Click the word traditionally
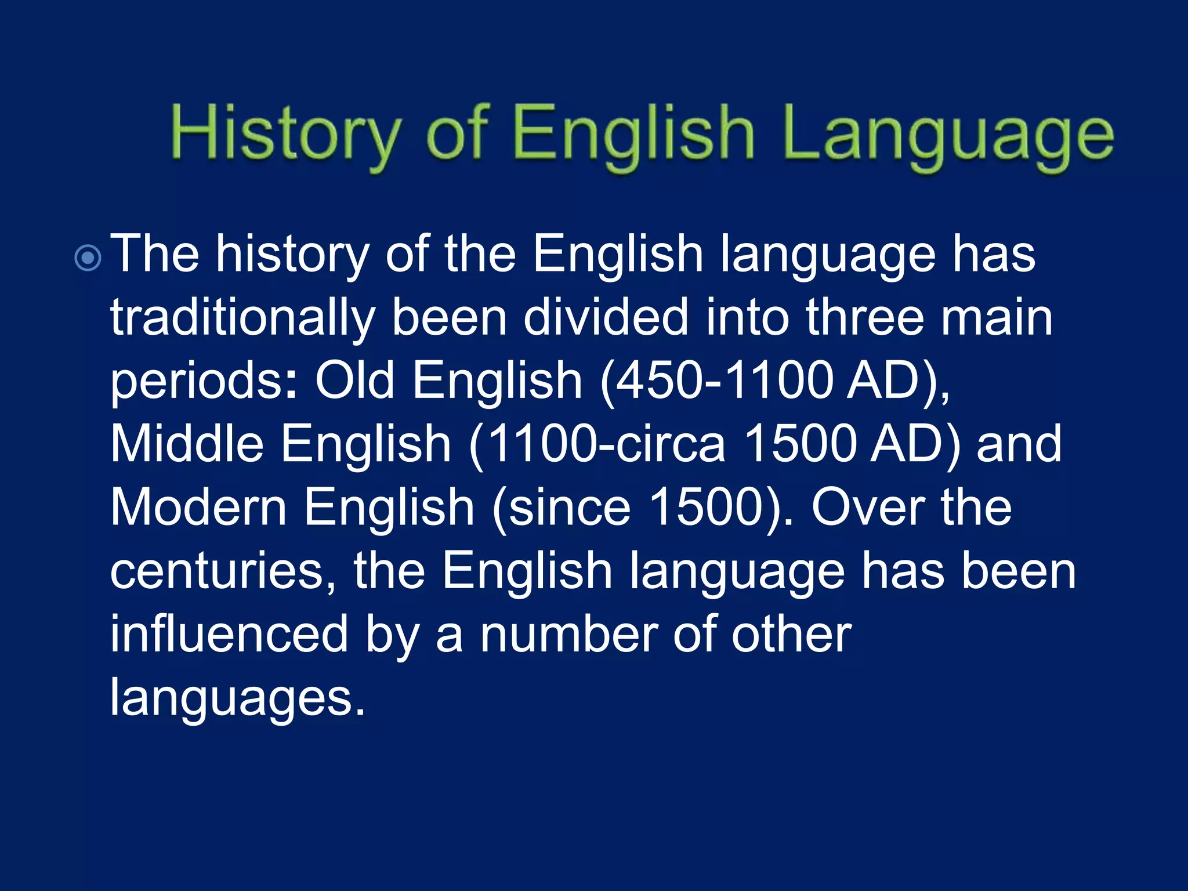tap(243, 318)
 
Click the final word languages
tap(237, 698)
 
